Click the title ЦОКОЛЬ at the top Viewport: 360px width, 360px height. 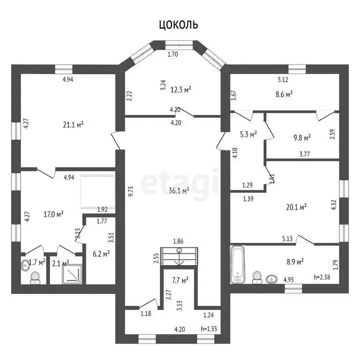click(179, 24)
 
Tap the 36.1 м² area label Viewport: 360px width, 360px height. click(179, 191)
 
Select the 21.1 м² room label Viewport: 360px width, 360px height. click(73, 125)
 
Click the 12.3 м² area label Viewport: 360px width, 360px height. click(181, 90)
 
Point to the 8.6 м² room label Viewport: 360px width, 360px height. click(284, 94)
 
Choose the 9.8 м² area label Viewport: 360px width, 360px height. click(302, 138)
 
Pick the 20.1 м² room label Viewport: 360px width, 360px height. click(296, 207)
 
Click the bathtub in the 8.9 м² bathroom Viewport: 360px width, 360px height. click(237, 264)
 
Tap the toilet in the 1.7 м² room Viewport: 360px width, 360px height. click(35, 277)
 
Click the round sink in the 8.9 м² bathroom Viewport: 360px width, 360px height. click(271, 279)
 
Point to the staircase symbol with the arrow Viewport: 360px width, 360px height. click(179, 256)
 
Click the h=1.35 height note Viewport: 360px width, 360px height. click(209, 329)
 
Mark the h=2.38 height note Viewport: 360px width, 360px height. click(322, 277)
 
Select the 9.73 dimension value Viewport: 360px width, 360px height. click(131, 192)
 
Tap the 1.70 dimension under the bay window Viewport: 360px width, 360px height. click(173, 54)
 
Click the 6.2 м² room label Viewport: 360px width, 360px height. click(101, 254)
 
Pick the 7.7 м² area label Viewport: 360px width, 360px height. click(180, 280)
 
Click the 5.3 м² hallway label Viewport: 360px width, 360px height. click(248, 134)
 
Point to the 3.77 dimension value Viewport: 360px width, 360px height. click(304, 154)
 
